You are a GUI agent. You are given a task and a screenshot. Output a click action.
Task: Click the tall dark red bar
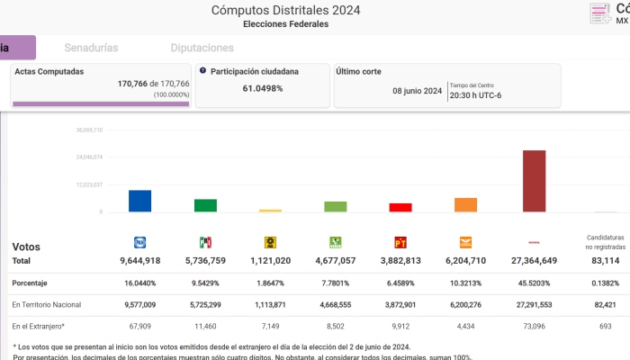(534, 181)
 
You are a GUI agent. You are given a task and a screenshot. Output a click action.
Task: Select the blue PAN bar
(139, 201)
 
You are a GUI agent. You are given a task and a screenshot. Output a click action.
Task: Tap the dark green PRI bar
(205, 205)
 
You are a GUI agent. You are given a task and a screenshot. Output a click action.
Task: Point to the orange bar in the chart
(465, 204)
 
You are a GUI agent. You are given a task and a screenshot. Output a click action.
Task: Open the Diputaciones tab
(209, 47)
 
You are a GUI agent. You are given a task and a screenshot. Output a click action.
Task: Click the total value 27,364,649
(534, 260)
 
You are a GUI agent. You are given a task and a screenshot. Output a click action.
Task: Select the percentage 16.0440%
(139, 282)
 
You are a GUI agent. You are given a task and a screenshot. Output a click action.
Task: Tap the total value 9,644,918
(139, 260)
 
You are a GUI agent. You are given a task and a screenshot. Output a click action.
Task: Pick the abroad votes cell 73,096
(534, 325)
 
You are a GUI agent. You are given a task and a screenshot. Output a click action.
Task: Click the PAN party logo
(139, 241)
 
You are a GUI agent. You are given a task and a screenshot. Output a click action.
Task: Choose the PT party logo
(400, 241)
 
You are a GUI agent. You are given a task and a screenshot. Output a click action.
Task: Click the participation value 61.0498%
(263, 88)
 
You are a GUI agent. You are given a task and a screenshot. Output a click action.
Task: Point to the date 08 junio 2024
(417, 91)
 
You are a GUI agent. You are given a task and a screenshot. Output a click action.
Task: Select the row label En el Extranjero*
(38, 325)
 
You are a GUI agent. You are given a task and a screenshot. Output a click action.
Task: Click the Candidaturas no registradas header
(599, 241)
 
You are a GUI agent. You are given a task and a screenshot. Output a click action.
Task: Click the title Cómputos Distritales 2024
(285, 10)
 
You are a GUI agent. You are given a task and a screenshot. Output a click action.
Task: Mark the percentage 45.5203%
(534, 282)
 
